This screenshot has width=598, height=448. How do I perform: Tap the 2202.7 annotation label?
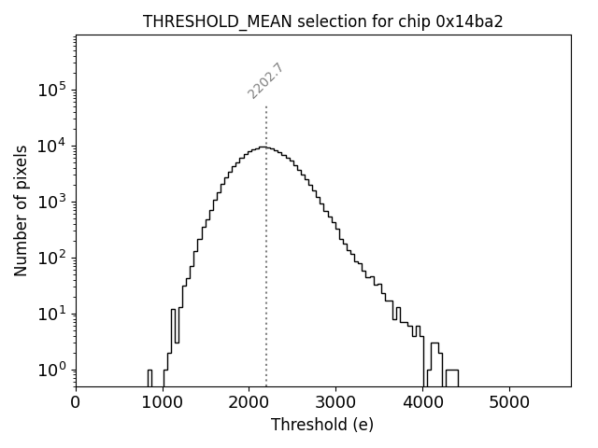point(265,81)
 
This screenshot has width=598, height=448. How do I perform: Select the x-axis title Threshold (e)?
point(322,425)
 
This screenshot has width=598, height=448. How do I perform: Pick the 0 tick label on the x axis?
point(76,402)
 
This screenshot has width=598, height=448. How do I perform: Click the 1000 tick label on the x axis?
point(163,402)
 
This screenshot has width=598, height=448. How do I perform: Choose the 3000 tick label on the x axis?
point(335,402)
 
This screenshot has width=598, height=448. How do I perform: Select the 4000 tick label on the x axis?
point(422,402)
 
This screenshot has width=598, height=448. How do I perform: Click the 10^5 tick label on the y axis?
point(51,91)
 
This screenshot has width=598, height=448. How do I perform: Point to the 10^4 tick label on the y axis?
point(51,146)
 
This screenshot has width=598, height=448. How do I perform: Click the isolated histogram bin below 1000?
point(149,378)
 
